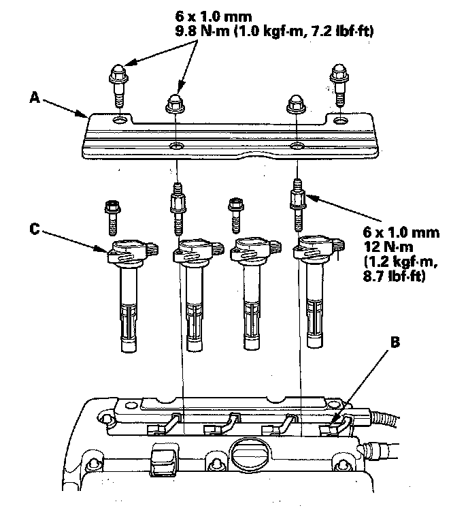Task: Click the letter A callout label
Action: (33, 97)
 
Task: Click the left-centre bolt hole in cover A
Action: (176, 146)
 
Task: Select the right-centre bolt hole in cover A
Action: (296, 146)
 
